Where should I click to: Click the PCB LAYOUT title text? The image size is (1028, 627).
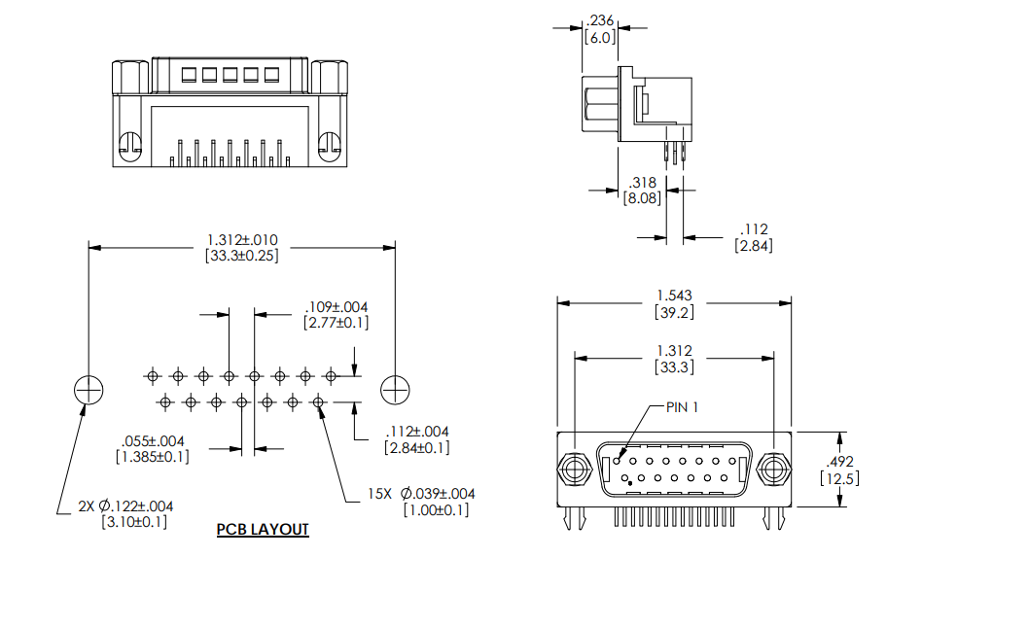263,530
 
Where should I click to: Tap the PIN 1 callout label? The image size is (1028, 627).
683,406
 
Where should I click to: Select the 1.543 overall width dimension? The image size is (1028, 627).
674,295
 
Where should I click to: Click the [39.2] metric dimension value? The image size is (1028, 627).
674,311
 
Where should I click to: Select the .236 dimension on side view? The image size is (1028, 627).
601,20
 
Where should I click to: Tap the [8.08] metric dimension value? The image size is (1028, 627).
642,198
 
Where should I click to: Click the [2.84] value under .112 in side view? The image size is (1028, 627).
754,246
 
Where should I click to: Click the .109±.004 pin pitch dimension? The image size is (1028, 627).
336,305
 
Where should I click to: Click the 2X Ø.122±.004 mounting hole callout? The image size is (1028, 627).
126,505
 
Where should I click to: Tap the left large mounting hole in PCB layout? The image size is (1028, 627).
89,389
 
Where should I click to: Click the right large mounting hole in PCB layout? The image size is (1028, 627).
395,389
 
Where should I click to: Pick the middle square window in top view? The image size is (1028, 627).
231,74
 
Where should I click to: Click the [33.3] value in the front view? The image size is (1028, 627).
674,367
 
